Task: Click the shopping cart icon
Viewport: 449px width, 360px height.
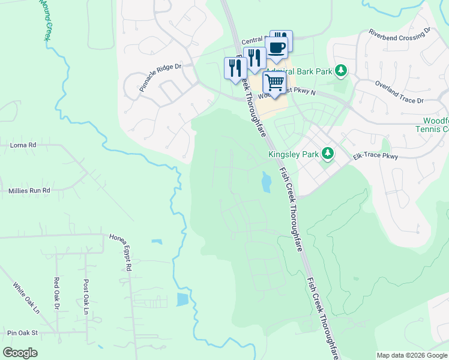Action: pos(274,82)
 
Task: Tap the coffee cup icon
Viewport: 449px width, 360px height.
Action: pos(276,49)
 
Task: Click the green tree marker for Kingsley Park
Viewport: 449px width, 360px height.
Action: pos(328,154)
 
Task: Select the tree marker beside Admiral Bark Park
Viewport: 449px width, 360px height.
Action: pos(341,71)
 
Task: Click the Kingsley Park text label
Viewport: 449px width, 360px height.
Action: pos(293,154)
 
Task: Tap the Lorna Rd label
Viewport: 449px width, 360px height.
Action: pos(23,145)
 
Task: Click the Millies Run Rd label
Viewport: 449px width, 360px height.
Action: pos(29,190)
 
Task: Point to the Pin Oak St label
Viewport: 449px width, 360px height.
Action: pos(22,332)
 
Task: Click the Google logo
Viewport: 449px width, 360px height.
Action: pos(20,352)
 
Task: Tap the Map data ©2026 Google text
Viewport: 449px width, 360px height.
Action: pos(411,355)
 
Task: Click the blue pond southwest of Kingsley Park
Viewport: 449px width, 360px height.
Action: pos(265,182)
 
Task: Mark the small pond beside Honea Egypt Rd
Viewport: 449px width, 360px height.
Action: pos(157,242)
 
